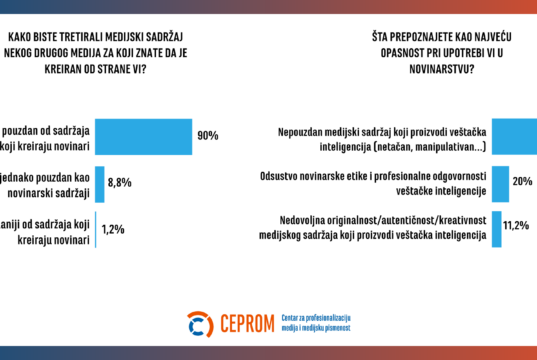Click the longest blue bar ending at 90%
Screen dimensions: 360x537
145,135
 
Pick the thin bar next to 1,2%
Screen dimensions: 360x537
96,229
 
